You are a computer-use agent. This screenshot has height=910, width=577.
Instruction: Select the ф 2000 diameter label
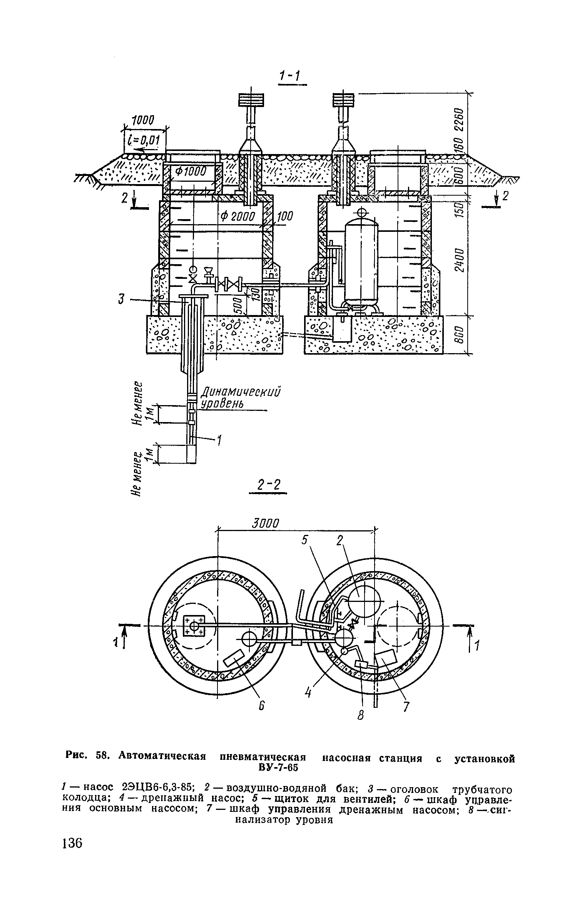(238, 217)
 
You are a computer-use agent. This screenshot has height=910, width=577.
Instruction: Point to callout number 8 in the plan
(361, 716)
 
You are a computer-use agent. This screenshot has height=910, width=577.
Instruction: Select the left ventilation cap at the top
(251, 100)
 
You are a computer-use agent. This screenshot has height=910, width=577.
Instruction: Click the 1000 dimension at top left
(143, 121)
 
